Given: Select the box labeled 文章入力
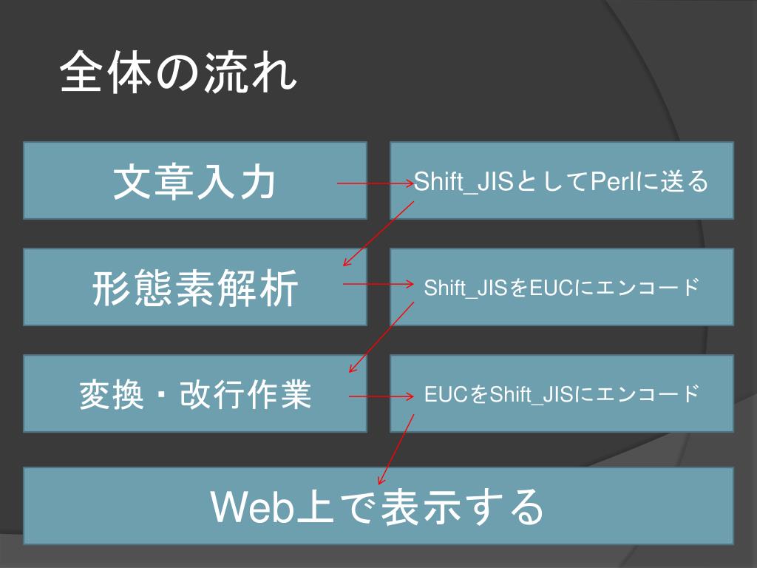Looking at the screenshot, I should click(x=195, y=180).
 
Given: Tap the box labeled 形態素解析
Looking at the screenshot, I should click(x=195, y=287).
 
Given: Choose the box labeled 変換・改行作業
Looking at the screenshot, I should click(x=195, y=393).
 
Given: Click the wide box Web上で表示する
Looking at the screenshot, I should click(x=378, y=506).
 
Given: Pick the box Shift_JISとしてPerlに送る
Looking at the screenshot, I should click(x=562, y=180).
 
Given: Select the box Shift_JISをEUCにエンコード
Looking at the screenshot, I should click(x=562, y=287).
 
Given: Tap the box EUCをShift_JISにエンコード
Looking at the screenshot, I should click(x=562, y=393).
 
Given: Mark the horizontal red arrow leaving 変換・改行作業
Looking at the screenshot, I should click(x=381, y=396).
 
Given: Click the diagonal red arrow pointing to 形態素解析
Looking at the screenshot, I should click(x=378, y=234).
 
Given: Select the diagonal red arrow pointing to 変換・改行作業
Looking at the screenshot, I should click(x=381, y=337).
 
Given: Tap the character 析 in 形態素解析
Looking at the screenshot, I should click(x=280, y=288).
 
